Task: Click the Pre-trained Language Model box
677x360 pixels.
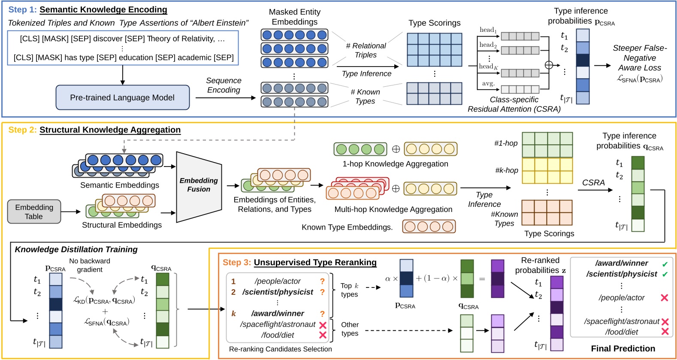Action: [x=122, y=97]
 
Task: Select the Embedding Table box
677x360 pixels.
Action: [x=34, y=212]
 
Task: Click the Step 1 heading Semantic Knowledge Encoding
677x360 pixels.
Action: [x=103, y=9]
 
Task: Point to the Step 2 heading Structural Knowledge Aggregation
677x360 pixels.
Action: [x=110, y=130]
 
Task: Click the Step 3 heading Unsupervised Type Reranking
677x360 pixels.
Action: [x=315, y=262]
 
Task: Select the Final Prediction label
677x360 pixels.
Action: [x=623, y=348]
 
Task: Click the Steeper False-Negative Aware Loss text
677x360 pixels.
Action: [x=639, y=58]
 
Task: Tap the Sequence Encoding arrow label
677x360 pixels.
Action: [x=224, y=85]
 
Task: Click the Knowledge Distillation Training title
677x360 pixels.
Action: [x=76, y=249]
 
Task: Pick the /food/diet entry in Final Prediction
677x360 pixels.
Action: [x=621, y=332]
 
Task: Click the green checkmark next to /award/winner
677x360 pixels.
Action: [x=665, y=264]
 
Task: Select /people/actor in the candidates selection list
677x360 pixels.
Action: [x=278, y=281]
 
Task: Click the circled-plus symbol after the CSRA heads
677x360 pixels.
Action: [x=549, y=65]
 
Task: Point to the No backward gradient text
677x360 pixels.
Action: [x=90, y=265]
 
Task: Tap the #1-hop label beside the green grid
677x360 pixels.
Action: [x=506, y=143]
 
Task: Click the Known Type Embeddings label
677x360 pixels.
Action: [x=347, y=227]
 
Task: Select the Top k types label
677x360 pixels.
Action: [x=349, y=290]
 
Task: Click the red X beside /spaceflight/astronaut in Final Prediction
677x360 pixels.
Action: [x=665, y=321]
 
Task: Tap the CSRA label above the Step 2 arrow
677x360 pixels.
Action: [x=593, y=182]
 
